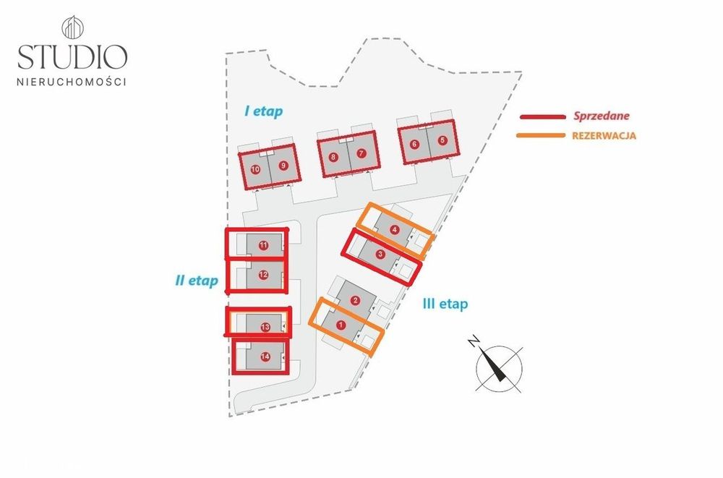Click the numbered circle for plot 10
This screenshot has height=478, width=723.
[255, 169]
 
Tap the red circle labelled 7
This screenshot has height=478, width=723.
[361, 153]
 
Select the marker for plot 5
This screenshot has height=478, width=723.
[442, 140]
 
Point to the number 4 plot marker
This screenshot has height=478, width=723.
[394, 229]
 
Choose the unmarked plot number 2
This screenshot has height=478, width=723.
[355, 301]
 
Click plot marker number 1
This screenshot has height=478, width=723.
[341, 325]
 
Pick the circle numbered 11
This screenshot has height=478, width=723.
[263, 245]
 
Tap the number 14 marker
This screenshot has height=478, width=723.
[265, 357]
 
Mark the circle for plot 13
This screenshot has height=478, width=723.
[265, 327]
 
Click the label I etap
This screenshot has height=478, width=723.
[263, 111]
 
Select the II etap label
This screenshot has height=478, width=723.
[197, 281]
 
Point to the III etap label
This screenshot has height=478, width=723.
[445, 304]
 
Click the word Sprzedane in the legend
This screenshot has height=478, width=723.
[602, 116]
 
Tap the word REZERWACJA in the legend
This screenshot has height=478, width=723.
[604, 136]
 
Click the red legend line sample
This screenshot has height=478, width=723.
[543, 116]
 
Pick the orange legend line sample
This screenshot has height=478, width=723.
[540, 135]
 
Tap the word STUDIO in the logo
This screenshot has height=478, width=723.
[72, 56]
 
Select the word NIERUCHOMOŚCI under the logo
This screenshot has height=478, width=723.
[72, 82]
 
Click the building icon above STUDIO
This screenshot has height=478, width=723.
[72, 27]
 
